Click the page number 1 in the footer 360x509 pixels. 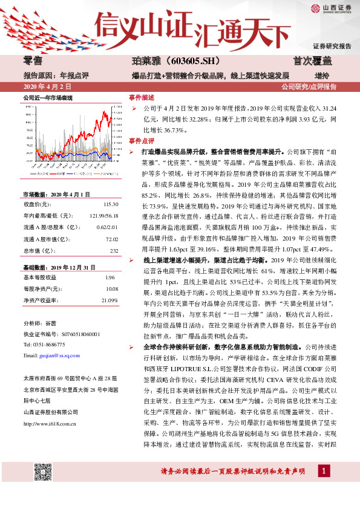coord(325,488)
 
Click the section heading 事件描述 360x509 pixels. coord(142,98)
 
